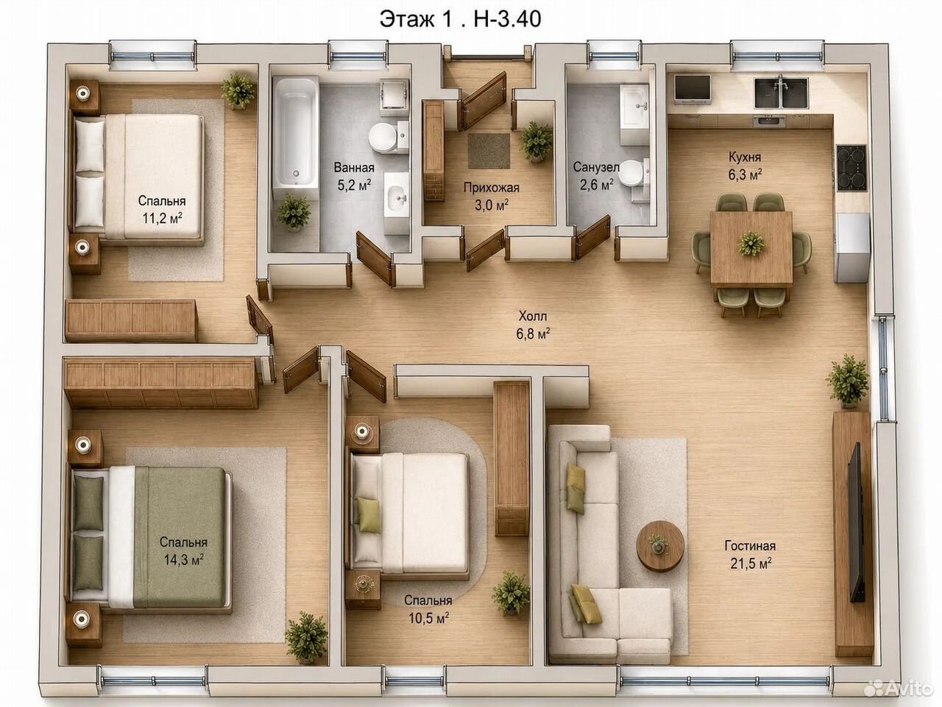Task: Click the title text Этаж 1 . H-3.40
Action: pyautogui.click(x=460, y=20)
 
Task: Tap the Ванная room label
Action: pyautogui.click(x=354, y=167)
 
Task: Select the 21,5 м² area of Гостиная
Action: pyautogui.click(x=751, y=563)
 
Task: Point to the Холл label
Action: pyautogui.click(x=533, y=317)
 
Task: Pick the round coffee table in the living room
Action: pyautogui.click(x=660, y=546)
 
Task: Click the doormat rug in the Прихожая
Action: pyautogui.click(x=489, y=151)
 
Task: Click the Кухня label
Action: pyautogui.click(x=745, y=157)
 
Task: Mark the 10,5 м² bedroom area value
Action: pyautogui.click(x=428, y=618)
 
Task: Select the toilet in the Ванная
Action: pyautogui.click(x=388, y=136)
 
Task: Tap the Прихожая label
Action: pyautogui.click(x=492, y=188)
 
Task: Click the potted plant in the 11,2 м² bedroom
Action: pyautogui.click(x=238, y=91)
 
